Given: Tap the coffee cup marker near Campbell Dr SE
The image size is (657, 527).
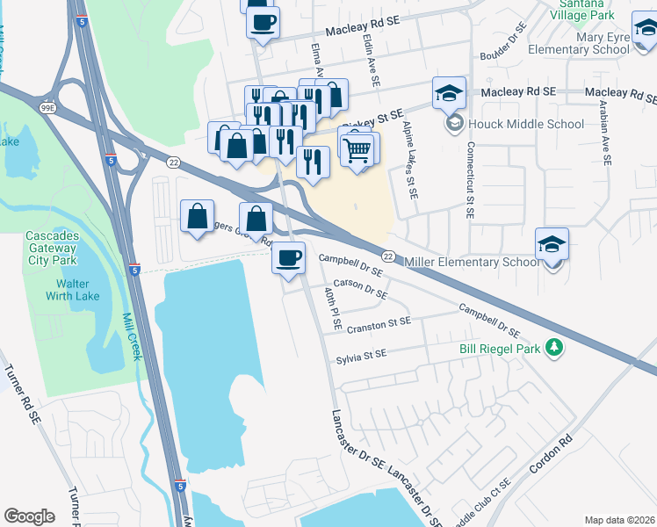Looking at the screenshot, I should point(288,257).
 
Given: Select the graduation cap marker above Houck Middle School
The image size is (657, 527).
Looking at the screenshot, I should point(448,92).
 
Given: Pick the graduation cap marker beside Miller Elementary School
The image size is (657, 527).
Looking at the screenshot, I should point(552,243).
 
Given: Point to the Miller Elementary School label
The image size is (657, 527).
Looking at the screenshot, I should point(473,262).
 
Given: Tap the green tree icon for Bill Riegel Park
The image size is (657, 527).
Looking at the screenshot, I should point(553,348).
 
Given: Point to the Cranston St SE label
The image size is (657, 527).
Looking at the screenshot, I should point(379,324).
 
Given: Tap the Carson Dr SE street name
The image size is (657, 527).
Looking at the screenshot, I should point(360,291).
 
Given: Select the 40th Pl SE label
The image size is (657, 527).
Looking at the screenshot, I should point(332,307).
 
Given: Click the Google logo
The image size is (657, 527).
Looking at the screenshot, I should point(29,516).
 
